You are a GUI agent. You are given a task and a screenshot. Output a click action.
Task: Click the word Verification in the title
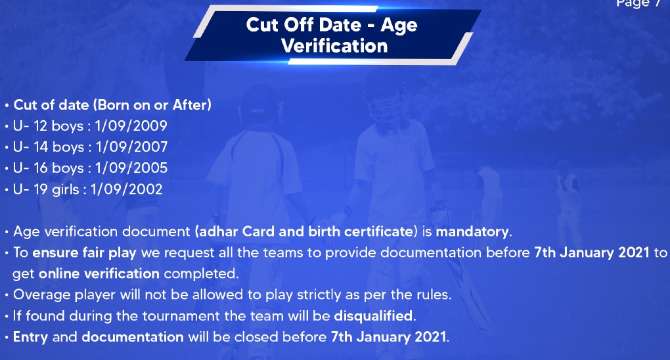pos(334,46)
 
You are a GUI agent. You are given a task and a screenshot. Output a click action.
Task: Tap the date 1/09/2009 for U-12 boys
pos(131,125)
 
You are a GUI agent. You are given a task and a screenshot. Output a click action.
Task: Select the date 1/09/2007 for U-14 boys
pos(131,147)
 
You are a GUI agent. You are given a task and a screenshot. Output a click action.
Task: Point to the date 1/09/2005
pos(131,168)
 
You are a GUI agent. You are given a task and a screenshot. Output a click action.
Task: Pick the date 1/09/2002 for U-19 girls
pos(127,189)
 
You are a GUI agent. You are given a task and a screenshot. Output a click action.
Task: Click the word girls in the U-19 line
pos(66,189)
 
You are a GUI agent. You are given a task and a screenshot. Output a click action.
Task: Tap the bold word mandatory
pos(472,232)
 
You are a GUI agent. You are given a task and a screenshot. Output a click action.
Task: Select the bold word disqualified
pos(373,316)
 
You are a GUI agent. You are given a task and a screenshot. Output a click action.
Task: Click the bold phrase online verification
pos(99,274)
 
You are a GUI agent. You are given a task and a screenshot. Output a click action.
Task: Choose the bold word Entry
pos(30,338)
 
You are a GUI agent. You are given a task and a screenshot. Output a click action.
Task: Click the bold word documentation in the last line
pos(133,337)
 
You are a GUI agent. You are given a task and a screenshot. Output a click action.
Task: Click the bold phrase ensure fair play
pos(84,253)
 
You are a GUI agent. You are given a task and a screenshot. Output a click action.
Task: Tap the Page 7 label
pos(638,3)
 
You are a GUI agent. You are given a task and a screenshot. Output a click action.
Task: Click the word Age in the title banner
pos(399,26)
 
